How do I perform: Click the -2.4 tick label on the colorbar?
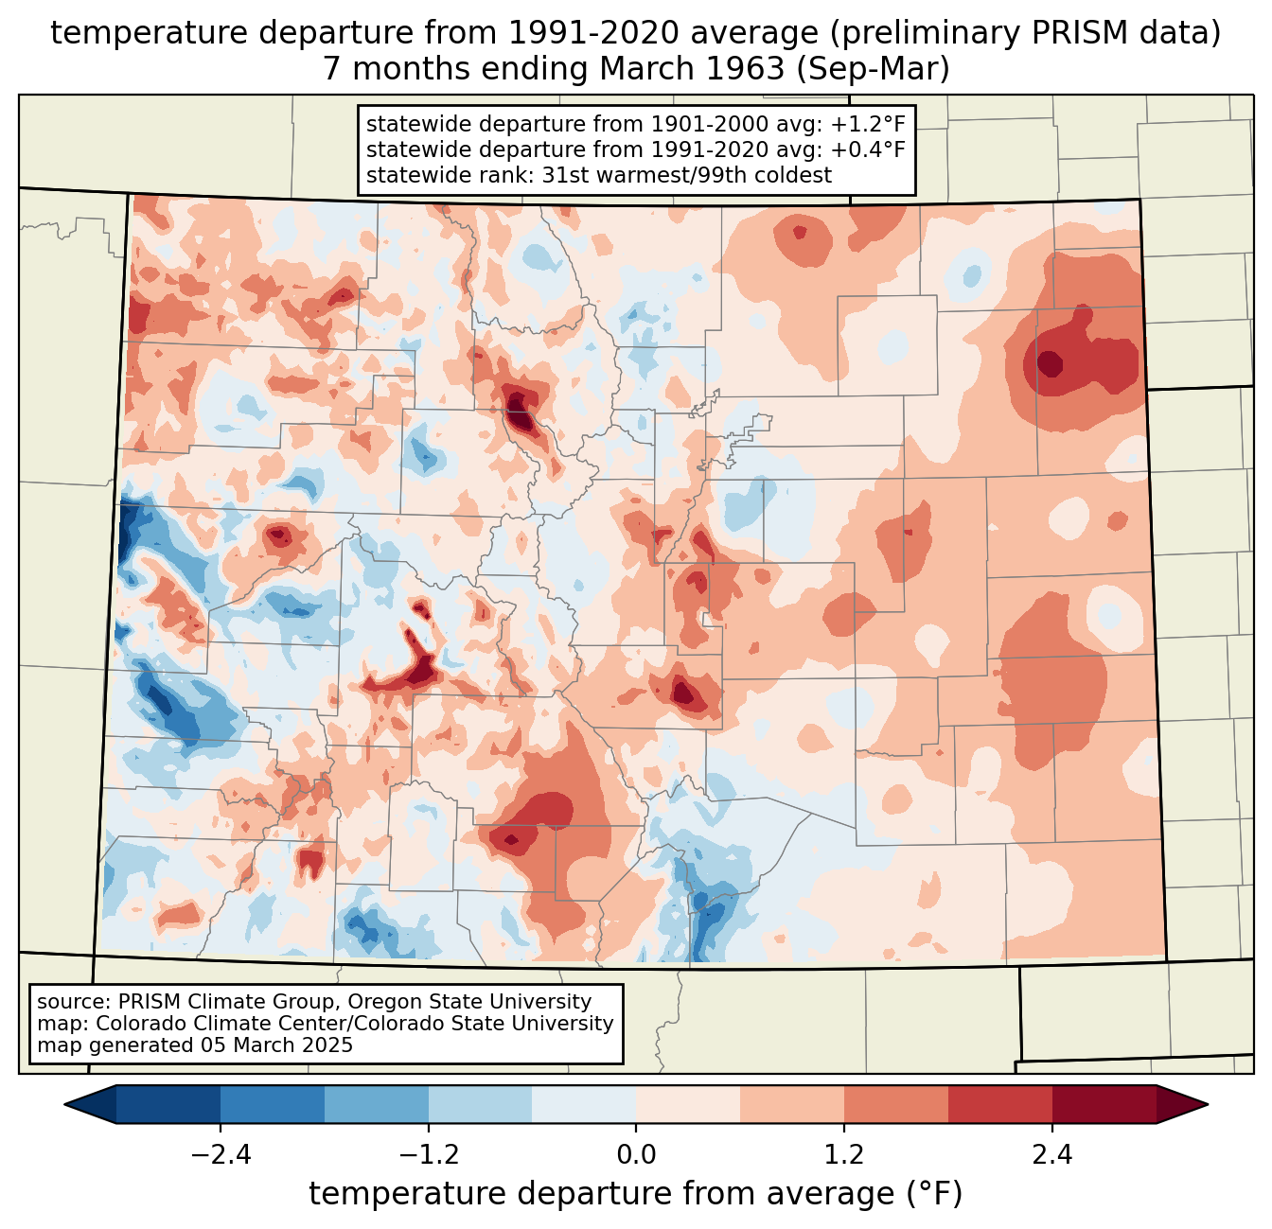coord(221,1155)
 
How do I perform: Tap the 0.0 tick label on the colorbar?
coord(636,1155)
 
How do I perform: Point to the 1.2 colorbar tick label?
coord(844,1155)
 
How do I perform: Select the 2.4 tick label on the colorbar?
coord(1051,1155)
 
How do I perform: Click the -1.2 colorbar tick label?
coord(429,1155)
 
